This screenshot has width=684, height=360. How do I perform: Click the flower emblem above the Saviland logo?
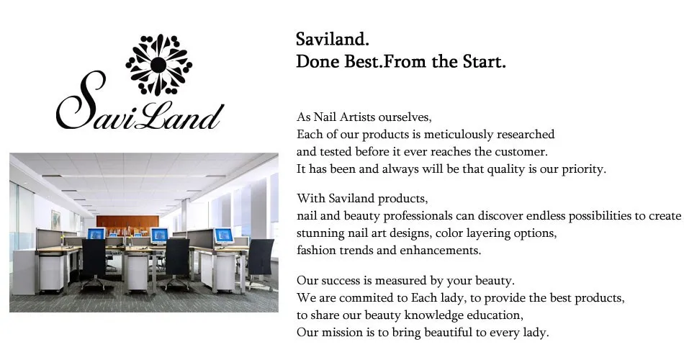[159, 65]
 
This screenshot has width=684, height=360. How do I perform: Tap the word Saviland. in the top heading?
[333, 40]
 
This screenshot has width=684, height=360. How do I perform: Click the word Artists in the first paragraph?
[357, 117]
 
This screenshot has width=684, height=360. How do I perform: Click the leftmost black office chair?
[94, 264]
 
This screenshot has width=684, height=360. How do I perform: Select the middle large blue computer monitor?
[159, 235]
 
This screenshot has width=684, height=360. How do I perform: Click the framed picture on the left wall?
[56, 220]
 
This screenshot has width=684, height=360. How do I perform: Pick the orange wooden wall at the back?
[127, 223]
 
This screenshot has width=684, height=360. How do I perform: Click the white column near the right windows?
[184, 215]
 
